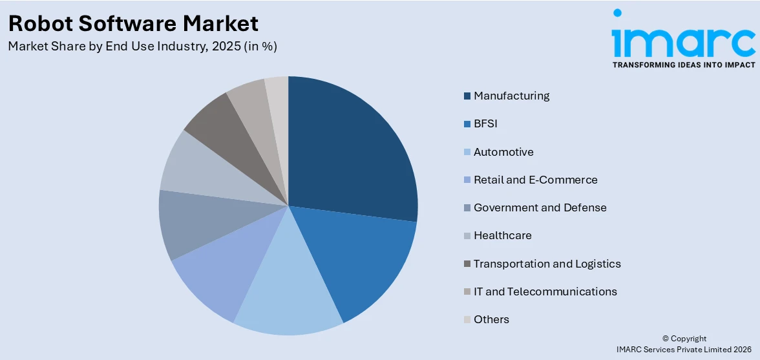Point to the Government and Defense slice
(194, 223)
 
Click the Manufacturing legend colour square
(467, 96)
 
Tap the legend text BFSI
(485, 123)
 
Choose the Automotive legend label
(503, 152)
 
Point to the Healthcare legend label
(502, 235)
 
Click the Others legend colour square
(467, 320)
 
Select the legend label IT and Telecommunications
(545, 291)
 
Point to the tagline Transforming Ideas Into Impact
(683, 65)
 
